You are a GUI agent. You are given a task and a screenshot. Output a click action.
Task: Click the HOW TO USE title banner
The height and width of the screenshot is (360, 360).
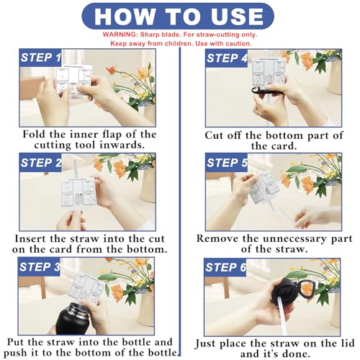(x=179, y=15)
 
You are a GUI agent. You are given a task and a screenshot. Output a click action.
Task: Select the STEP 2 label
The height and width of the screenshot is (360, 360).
(x=41, y=163)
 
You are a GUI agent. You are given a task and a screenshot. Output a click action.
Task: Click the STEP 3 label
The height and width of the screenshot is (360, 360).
(x=41, y=268)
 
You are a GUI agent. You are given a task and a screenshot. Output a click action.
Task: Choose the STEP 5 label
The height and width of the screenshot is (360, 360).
(x=228, y=163)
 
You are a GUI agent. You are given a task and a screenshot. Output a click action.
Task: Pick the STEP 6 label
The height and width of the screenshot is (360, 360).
(x=228, y=268)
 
